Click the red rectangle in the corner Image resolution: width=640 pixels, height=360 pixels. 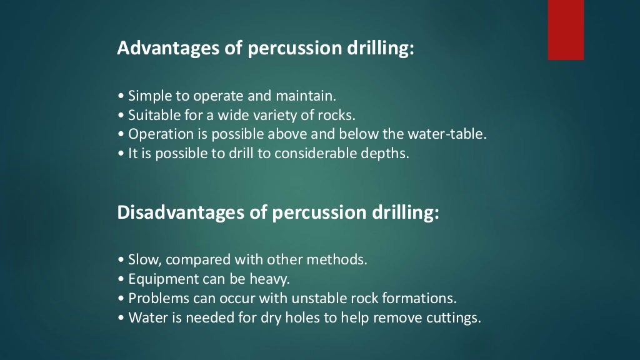(x=566, y=29)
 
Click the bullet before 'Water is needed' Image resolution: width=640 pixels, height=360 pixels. (x=121, y=317)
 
